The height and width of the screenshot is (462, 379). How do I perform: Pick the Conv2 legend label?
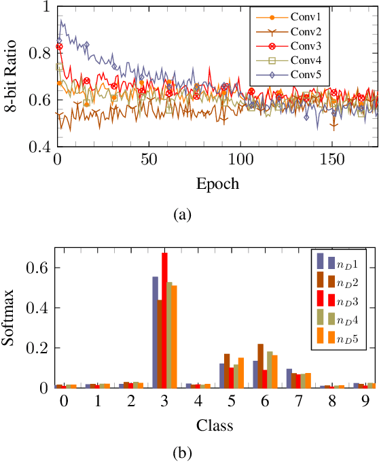pyautogui.click(x=302, y=33)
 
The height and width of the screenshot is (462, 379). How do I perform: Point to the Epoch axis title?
pyautogui.click(x=217, y=184)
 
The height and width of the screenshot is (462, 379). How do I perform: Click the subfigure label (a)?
pyautogui.click(x=183, y=215)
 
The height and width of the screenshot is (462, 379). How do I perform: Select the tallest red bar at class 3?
pyautogui.click(x=164, y=320)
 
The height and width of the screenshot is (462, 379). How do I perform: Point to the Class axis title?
pyautogui.click(x=215, y=426)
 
